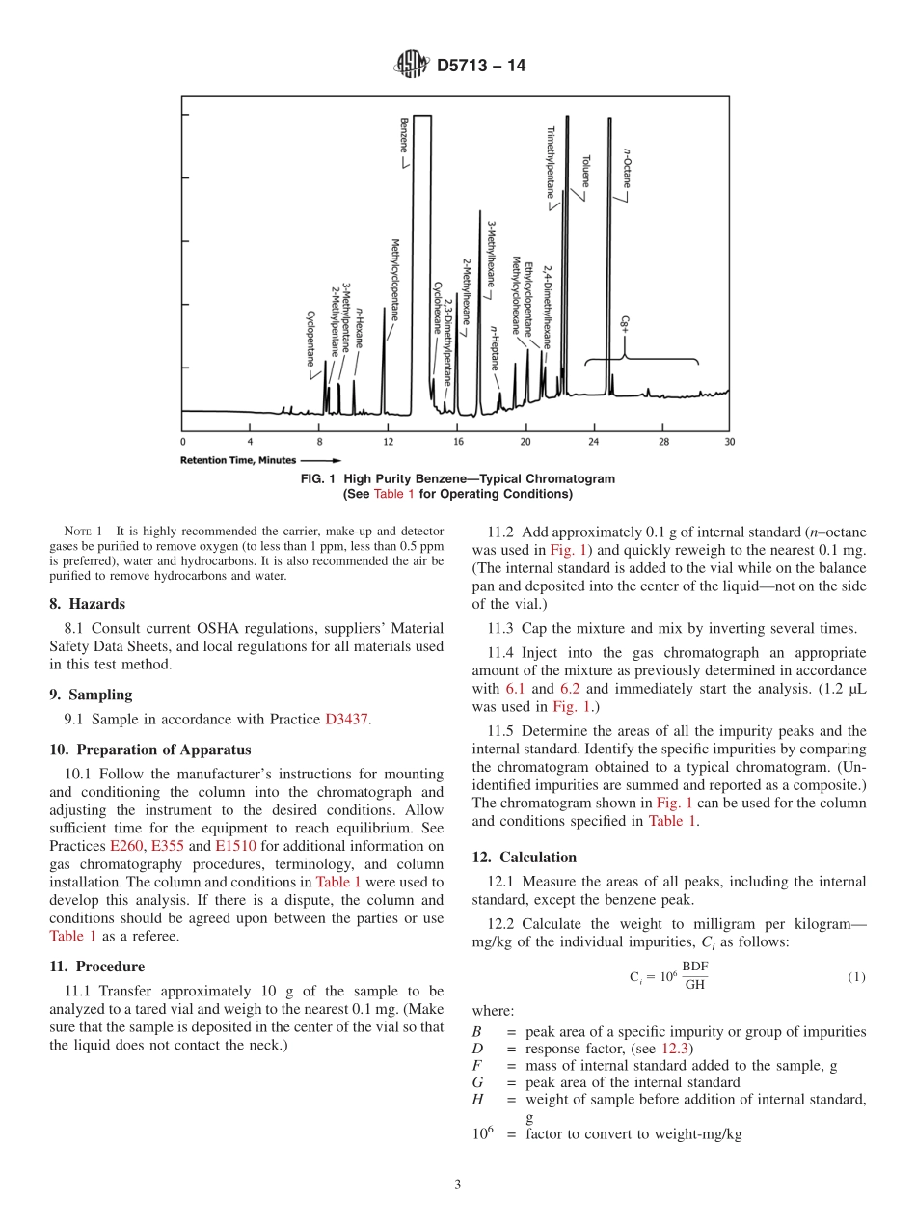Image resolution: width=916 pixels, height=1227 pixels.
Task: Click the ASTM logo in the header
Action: (411, 67)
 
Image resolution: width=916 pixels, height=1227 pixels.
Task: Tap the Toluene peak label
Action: (585, 171)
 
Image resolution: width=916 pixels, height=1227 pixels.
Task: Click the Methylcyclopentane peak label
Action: (394, 279)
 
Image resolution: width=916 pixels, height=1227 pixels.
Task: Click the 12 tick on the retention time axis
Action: (389, 441)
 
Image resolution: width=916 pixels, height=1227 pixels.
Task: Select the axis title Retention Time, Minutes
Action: (238, 460)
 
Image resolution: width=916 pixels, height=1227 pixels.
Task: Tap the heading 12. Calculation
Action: (524, 857)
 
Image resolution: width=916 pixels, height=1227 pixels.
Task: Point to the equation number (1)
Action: (856, 976)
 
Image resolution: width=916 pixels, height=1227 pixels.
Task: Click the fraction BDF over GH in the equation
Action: (694, 975)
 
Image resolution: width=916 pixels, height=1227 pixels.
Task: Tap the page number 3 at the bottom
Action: (458, 1185)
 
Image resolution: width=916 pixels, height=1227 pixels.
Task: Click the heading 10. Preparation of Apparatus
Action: (149, 750)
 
